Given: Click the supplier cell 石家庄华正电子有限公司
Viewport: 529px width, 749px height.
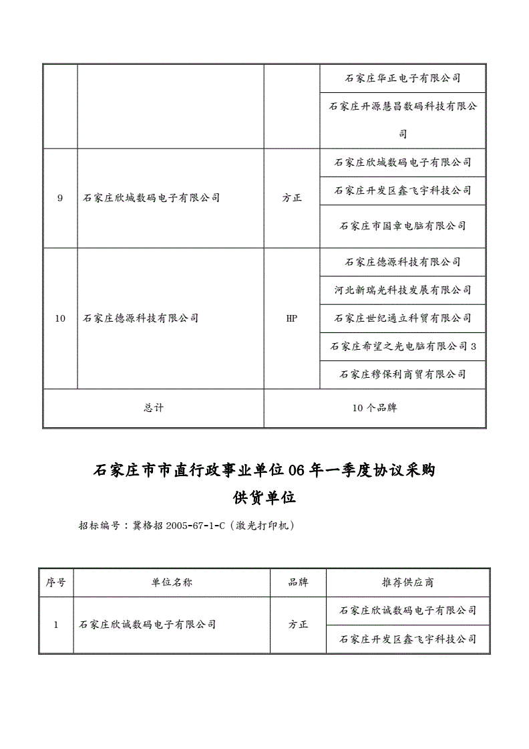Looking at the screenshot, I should tap(403, 78).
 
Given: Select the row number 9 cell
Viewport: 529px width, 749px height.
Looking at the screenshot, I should tap(60, 198).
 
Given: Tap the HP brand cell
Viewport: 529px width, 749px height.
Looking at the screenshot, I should tap(292, 318).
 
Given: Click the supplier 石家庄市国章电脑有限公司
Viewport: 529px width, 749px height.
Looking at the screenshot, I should tap(403, 226).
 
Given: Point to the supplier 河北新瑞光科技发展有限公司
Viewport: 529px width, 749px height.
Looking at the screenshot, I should tap(403, 290).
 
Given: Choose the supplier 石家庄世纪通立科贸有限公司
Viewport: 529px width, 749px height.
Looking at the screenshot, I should tap(403, 318).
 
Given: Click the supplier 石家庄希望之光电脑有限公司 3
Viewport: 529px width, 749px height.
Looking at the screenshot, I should tap(403, 346).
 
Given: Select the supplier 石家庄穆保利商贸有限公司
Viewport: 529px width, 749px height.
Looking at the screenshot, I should tap(403, 374).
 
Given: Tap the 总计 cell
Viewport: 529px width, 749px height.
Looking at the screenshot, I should tap(153, 408).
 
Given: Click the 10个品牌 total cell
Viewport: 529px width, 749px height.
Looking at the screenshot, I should tap(375, 408).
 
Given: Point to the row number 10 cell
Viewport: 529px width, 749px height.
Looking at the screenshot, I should tap(60, 318).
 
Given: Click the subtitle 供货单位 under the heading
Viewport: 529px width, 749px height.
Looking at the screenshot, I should tap(264, 498).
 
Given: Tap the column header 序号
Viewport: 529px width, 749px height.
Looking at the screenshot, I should tap(55, 582).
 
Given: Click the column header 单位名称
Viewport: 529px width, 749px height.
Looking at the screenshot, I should tap(172, 582).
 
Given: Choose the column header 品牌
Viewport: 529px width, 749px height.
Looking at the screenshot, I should tap(298, 582).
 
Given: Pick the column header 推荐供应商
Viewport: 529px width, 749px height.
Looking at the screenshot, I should tap(407, 582).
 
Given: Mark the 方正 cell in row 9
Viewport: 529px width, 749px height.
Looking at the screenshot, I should tap(292, 198).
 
